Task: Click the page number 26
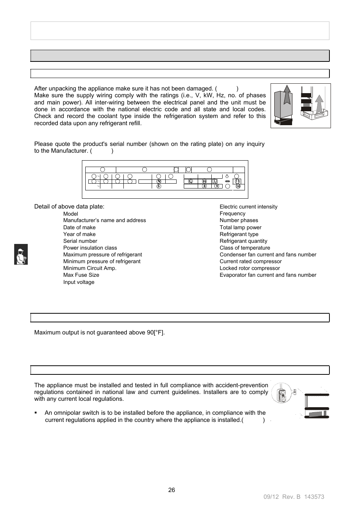(x=172, y=490)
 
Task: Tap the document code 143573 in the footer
(x=314, y=497)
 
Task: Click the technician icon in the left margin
(x=21, y=255)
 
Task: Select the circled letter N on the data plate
(x=159, y=181)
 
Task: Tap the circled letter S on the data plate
(x=159, y=186)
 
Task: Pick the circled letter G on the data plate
(x=191, y=181)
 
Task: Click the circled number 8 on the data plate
(x=204, y=186)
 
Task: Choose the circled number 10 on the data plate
(x=238, y=186)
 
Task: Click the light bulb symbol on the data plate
(x=227, y=176)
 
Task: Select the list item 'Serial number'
(x=80, y=241)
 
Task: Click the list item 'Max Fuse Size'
(x=81, y=275)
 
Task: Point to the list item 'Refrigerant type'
(x=239, y=234)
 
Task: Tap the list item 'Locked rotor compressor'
(x=249, y=268)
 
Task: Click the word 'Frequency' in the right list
(x=232, y=213)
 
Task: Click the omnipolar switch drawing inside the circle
(x=282, y=394)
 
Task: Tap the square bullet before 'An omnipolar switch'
(x=36, y=413)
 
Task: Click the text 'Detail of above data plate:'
(x=69, y=207)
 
